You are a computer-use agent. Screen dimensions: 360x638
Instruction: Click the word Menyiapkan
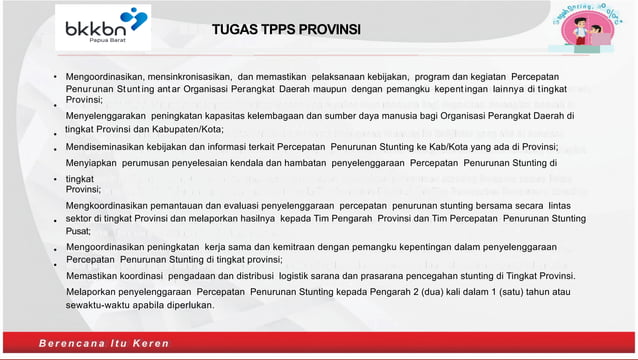[92, 162]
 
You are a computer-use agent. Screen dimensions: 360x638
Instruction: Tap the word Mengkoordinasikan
[112, 205]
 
